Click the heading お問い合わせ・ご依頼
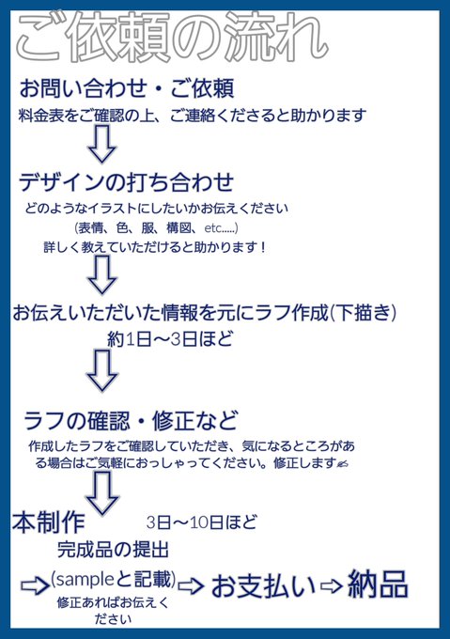tap(127, 88)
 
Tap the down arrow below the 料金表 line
tap(102, 144)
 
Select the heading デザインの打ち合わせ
tap(126, 181)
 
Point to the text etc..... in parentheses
tap(220, 227)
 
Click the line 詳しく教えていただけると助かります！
tap(155, 247)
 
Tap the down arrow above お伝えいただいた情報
tap(102, 274)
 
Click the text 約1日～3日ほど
tap(170, 339)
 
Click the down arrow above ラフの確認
tap(102, 370)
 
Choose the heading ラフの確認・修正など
tap(131, 421)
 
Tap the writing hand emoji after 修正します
tap(343, 463)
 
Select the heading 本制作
tap(49, 522)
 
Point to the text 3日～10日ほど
tap(202, 522)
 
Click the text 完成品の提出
tap(113, 550)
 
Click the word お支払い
tap(263, 586)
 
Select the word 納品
tap(378, 584)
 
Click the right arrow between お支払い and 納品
tap(332, 586)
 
